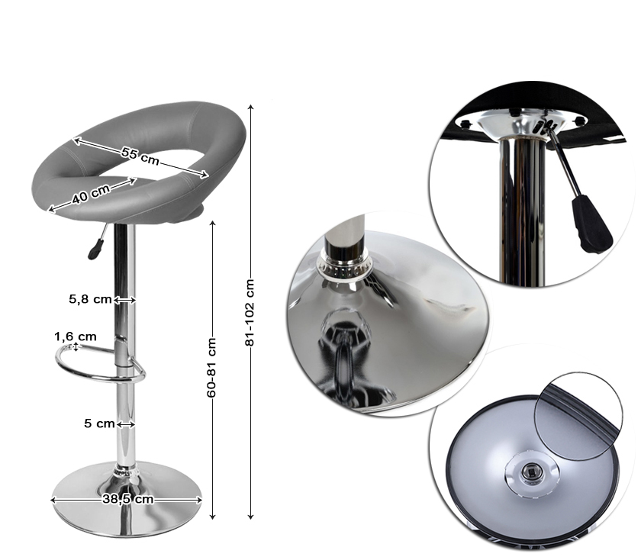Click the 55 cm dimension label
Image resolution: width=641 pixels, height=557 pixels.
pyautogui.click(x=140, y=156)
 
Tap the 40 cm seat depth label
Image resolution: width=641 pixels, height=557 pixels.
pyautogui.click(x=91, y=194)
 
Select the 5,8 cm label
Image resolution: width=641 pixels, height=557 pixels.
pyautogui.click(x=90, y=300)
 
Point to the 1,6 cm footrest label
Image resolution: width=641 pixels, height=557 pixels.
pyautogui.click(x=76, y=336)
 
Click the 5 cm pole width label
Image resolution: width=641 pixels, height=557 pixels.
pyautogui.click(x=99, y=423)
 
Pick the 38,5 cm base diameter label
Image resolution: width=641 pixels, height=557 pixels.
pyautogui.click(x=128, y=499)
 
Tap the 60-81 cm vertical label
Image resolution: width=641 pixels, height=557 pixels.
pyautogui.click(x=211, y=367)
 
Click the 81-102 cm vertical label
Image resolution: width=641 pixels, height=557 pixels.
pyautogui.click(x=250, y=313)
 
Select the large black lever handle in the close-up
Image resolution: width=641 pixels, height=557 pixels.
pyautogui.click(x=591, y=224)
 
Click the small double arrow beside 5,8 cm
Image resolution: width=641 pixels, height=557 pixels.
pyautogui.click(x=124, y=301)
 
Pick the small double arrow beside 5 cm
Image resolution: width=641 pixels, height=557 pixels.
pyautogui.click(x=125, y=424)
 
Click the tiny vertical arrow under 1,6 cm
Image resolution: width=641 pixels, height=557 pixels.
pyautogui.click(x=76, y=347)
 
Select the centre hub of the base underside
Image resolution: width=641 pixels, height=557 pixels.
pyautogui.click(x=531, y=473)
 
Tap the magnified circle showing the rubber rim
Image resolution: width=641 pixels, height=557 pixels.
pyautogui.click(x=578, y=416)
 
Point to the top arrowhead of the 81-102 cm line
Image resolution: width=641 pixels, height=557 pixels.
pyautogui.click(x=250, y=107)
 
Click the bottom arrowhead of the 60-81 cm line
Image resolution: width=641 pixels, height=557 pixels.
pyautogui.click(x=212, y=517)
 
